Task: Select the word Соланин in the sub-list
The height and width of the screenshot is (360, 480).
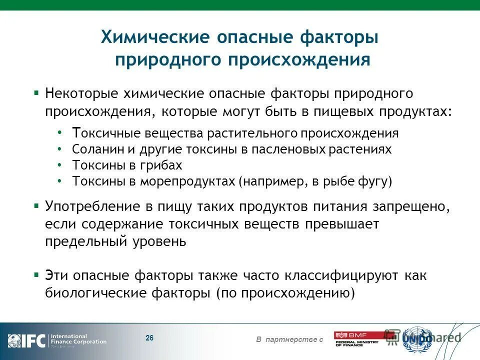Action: (92, 149)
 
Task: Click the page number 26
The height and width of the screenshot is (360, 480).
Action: (149, 338)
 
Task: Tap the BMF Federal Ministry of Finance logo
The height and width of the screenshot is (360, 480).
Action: (356, 339)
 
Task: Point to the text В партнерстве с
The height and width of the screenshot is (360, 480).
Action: (289, 340)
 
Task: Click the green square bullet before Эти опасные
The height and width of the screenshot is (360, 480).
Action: (36, 275)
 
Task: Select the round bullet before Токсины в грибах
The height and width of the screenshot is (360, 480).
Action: (60, 164)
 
